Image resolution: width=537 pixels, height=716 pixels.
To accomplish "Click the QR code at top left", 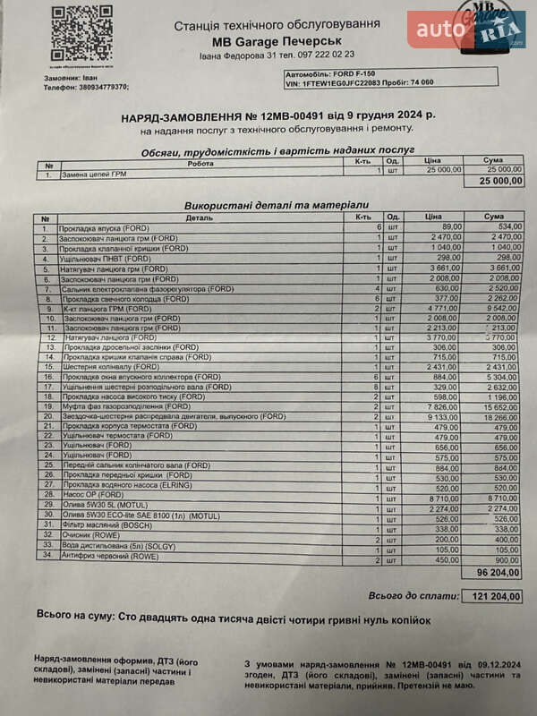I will click(81, 35).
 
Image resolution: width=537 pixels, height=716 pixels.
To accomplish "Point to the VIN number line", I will click(359, 82).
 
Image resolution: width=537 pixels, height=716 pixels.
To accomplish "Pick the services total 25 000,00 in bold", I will click(501, 181).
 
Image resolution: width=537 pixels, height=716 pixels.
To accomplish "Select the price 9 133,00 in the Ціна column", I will click(441, 416).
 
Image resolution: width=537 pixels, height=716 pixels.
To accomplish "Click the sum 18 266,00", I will click(498, 416).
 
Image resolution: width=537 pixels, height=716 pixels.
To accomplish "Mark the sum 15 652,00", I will click(498, 406).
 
